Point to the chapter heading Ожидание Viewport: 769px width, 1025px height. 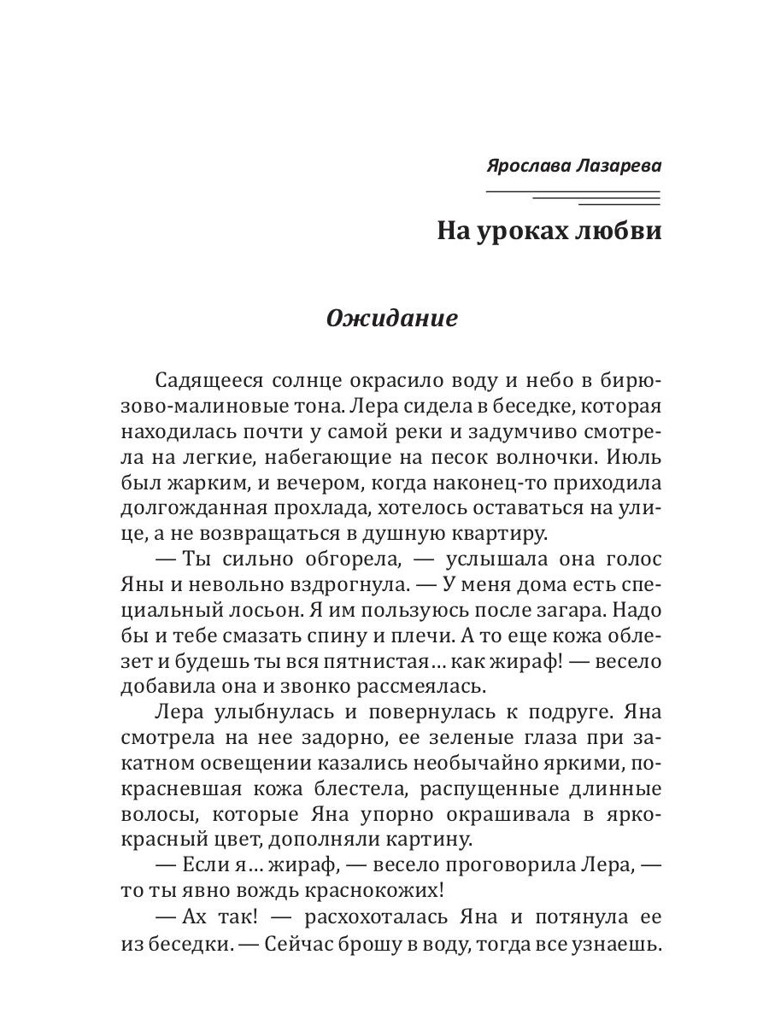392,319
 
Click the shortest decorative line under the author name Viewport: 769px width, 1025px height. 619,205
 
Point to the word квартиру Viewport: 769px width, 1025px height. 501,535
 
